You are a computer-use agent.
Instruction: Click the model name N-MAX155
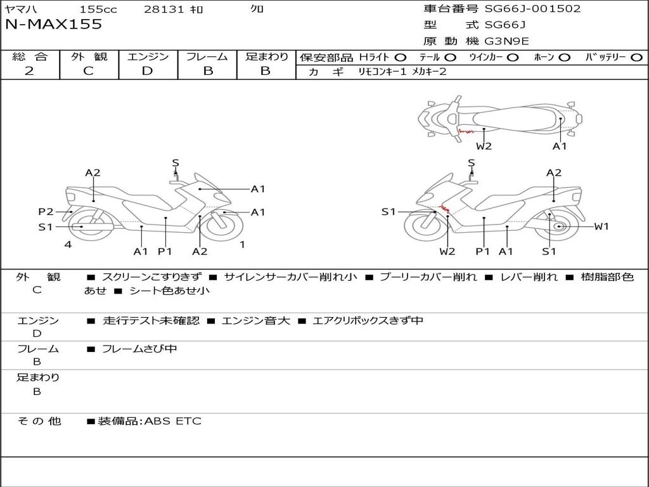pos(53,24)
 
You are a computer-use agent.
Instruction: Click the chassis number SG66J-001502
pos(532,8)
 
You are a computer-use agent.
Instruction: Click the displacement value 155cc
pos(98,9)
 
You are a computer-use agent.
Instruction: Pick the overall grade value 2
pos(29,71)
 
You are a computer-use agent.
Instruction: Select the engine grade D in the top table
pos(147,71)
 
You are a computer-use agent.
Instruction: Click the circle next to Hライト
pos(401,58)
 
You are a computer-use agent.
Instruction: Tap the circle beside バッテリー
pos(636,58)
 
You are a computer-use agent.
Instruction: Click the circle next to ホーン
pos(565,58)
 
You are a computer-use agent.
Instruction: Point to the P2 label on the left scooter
pos(46,212)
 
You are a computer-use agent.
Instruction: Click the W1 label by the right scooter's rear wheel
pos(601,226)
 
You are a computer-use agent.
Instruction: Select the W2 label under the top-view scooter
pos(484,146)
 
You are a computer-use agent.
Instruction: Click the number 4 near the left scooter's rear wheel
pos(68,244)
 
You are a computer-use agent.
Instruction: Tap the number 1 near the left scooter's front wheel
pos(243,244)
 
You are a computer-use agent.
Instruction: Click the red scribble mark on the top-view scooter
pos(466,132)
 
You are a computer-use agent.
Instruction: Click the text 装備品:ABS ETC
pos(150,421)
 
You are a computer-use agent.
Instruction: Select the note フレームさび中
pos(139,349)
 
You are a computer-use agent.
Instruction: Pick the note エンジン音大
pos(256,320)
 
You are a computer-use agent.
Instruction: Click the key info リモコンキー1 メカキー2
pos(402,72)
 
